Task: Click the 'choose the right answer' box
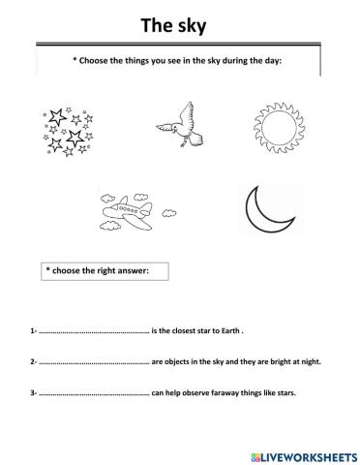(x=105, y=271)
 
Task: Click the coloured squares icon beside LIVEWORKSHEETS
(x=254, y=453)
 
